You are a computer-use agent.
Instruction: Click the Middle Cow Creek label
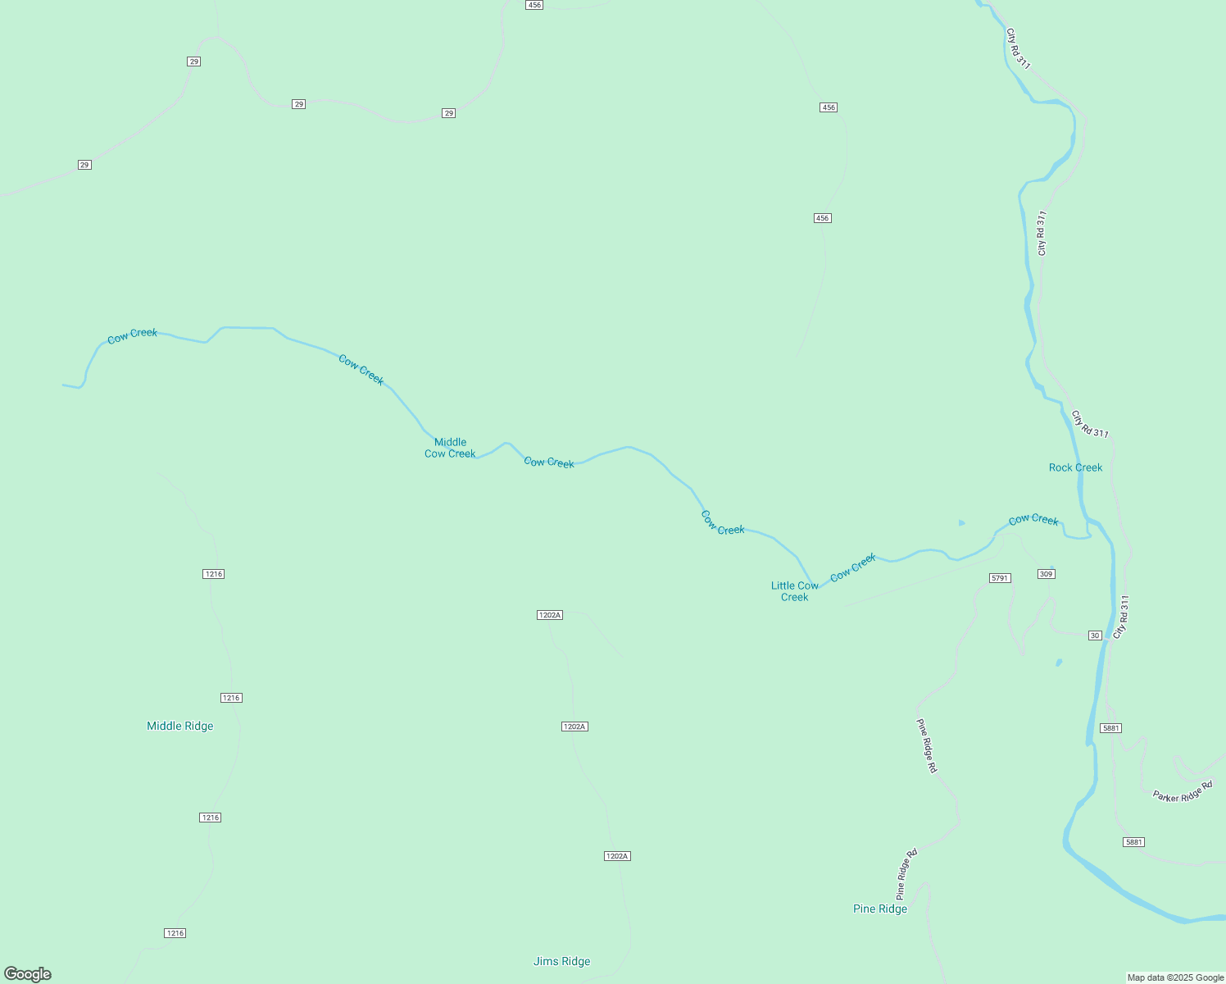pos(450,448)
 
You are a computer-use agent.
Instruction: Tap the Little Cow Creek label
pos(794,591)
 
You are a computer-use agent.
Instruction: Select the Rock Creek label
pos(1075,467)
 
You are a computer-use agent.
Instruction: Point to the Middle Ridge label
pos(179,726)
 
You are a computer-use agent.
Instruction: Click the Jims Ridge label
pos(561,961)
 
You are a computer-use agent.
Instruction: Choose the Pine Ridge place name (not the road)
pos(879,909)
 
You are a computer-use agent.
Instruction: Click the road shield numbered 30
pos(1095,635)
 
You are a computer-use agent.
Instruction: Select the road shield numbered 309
pos(1046,574)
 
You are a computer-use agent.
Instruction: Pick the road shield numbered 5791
pos(1000,578)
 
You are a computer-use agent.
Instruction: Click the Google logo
pos(28,974)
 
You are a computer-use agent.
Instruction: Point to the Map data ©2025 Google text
pos(1175,977)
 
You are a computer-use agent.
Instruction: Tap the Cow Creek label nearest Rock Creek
pos(1033,520)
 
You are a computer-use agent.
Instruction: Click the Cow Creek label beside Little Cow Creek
pos(853,567)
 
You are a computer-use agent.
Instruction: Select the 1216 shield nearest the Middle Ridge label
pos(231,698)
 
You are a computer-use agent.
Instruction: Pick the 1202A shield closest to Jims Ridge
pos(616,856)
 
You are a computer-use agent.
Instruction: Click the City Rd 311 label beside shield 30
pos(1121,617)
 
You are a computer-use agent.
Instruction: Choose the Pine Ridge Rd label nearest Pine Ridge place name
pos(906,874)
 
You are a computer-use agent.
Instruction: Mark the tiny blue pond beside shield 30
pos(1059,663)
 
